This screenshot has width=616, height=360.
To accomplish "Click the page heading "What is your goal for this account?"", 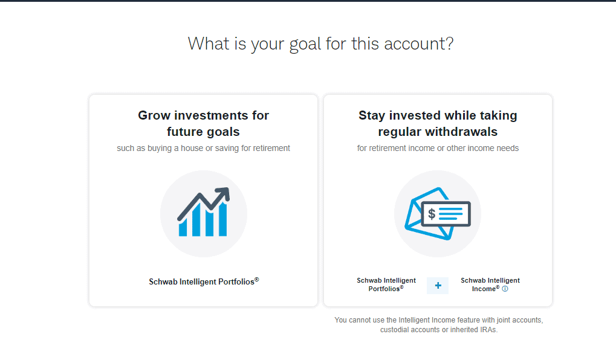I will (x=320, y=43).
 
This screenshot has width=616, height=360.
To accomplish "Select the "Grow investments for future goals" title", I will (x=203, y=123).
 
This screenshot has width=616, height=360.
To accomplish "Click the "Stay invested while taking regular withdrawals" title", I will (x=438, y=123).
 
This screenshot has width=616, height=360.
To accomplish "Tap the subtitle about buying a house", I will (x=203, y=148).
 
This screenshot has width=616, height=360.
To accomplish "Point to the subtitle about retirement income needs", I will (x=438, y=148).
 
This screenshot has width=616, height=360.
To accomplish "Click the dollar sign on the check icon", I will (x=432, y=213).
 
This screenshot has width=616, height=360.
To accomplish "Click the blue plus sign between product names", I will (x=438, y=286).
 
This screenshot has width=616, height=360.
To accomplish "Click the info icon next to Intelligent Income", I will (x=505, y=289).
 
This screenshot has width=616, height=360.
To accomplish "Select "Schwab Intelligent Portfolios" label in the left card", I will (x=203, y=281).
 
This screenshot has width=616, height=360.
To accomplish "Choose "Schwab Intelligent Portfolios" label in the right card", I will (x=386, y=284).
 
